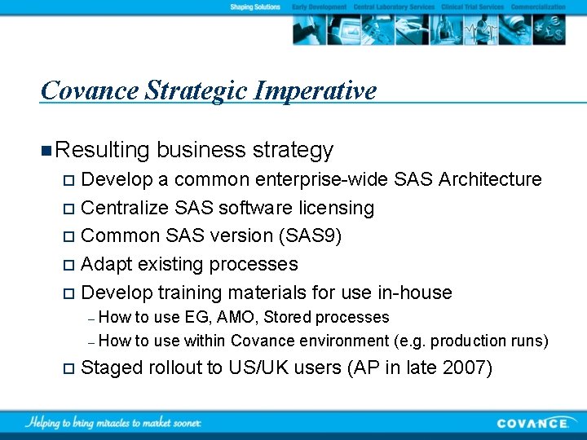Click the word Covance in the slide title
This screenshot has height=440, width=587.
pos(89,90)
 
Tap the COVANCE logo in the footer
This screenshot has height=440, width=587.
pos(533,423)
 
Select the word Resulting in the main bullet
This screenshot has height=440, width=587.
pos(104,150)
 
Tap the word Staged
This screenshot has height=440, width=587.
pos(113,367)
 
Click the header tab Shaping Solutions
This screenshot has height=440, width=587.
pos(255,7)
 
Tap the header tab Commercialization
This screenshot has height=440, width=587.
pos(538,7)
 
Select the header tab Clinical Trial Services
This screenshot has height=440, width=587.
pos(472,7)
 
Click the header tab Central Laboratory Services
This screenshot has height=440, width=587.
pos(395,7)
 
